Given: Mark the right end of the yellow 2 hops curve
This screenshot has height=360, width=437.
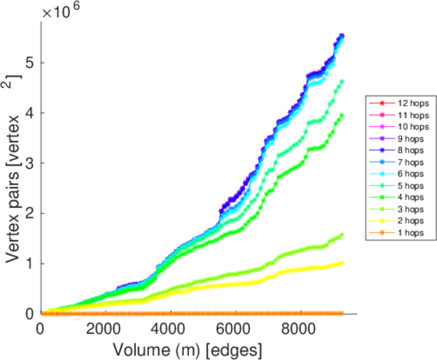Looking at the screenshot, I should pos(342,263).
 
